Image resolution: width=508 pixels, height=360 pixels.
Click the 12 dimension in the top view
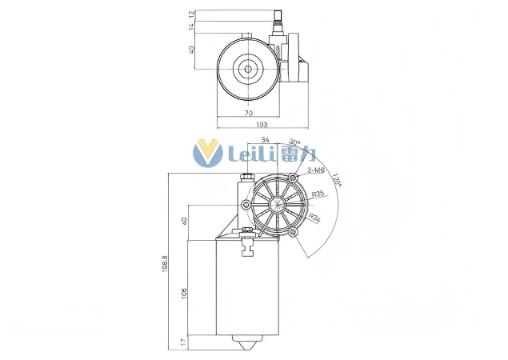[x=192, y=15]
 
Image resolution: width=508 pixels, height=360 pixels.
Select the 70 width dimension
[x=248, y=114]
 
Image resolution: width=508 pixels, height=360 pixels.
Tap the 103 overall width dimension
[x=261, y=125]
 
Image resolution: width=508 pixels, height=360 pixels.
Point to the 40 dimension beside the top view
[x=192, y=50]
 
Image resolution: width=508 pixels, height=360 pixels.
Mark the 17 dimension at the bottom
[x=184, y=342]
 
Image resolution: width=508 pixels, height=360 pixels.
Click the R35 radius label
[x=318, y=194]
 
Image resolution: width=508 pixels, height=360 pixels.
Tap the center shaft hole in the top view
[x=248, y=69]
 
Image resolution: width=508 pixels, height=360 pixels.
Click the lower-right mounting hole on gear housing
[x=294, y=233]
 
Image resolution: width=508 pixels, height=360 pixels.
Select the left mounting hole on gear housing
[x=243, y=205]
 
